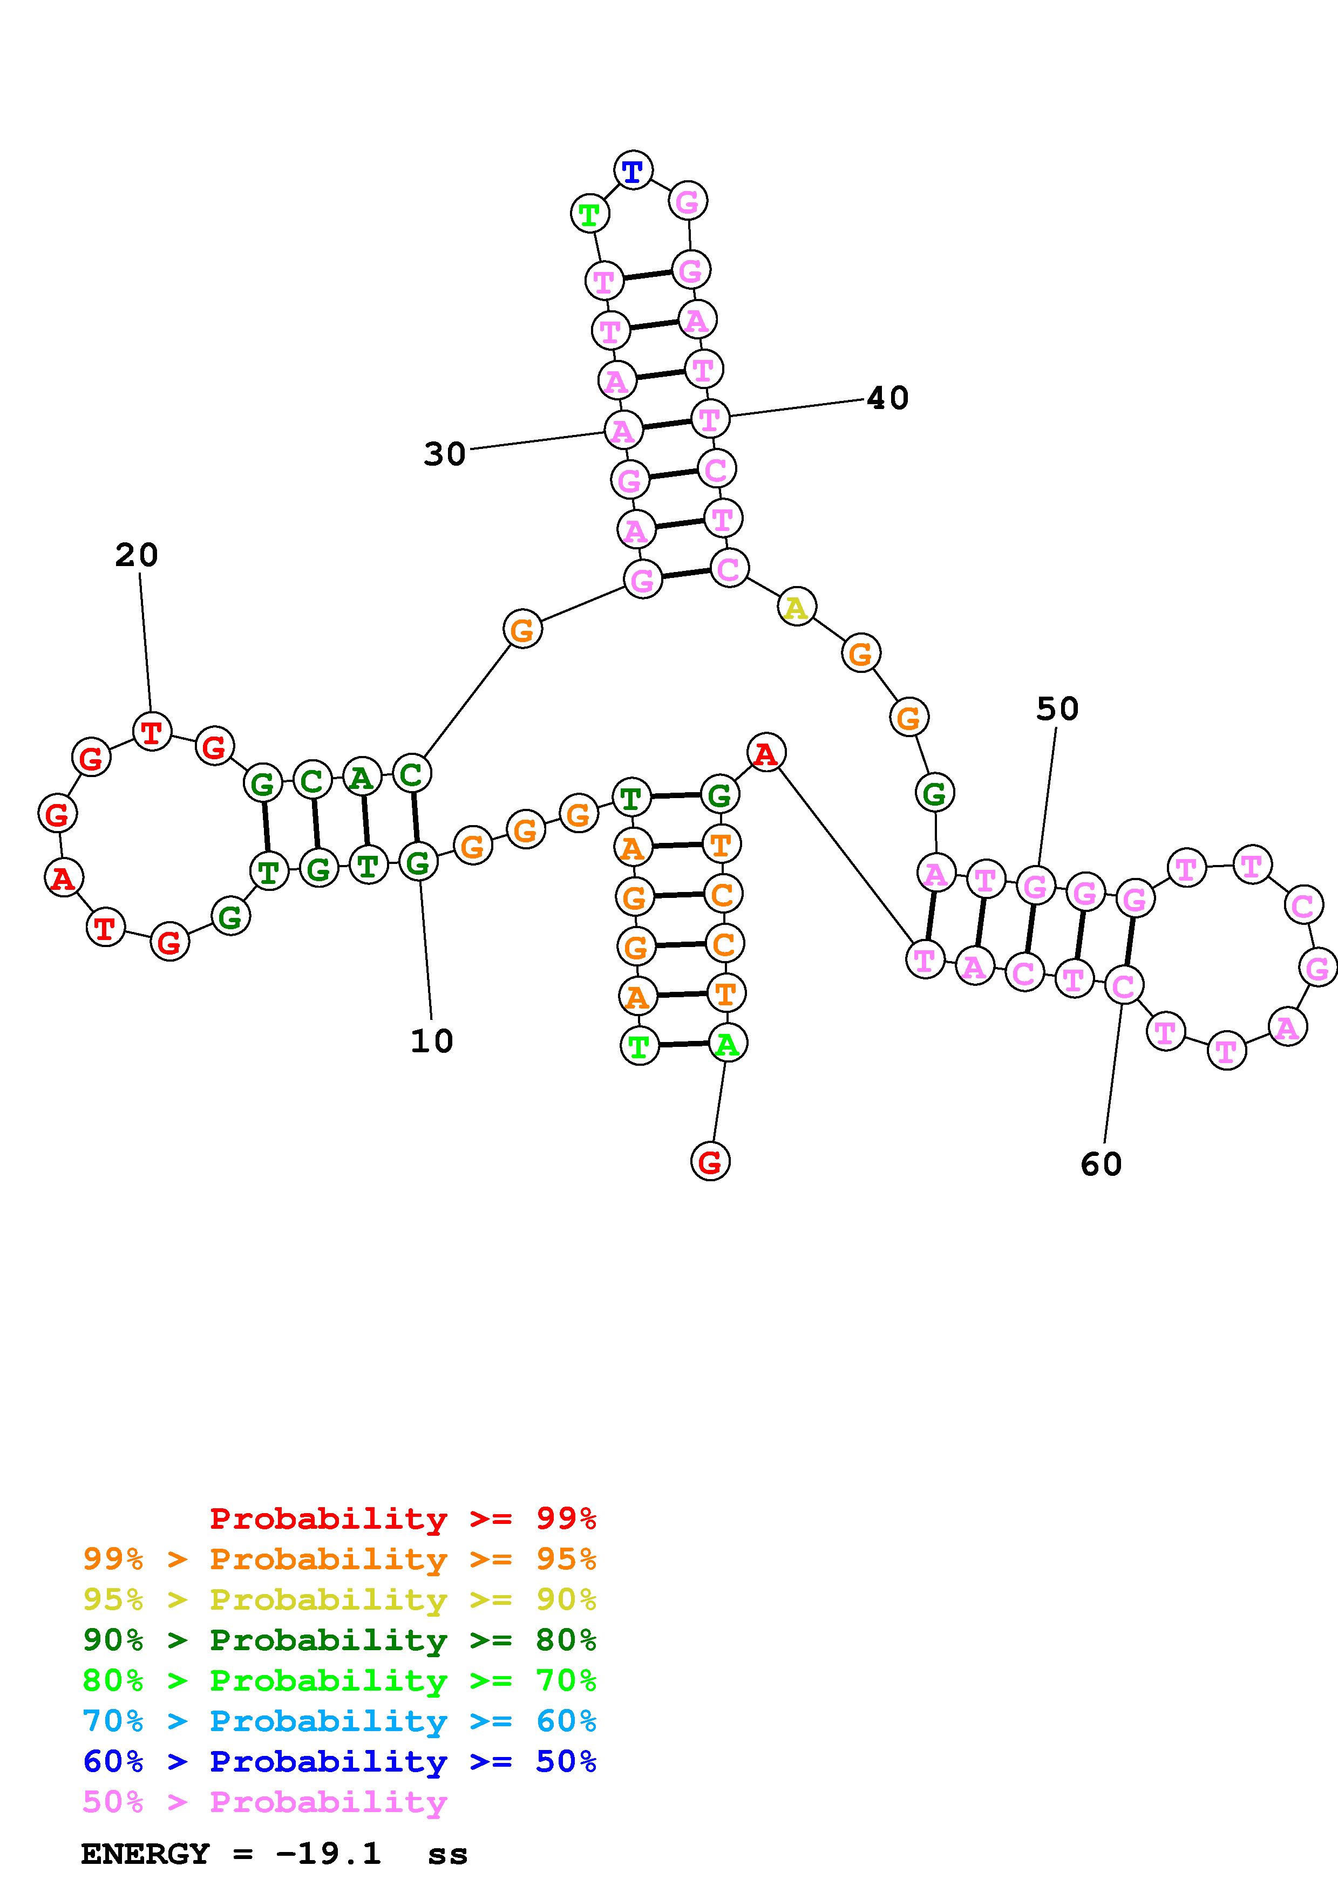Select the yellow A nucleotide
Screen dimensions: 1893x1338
pos(796,608)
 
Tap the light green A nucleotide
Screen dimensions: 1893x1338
pos(726,1045)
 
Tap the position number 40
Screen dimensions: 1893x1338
pos(888,398)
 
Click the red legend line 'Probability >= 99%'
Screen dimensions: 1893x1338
pos(402,1519)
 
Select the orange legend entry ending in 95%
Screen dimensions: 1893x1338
pos(339,1559)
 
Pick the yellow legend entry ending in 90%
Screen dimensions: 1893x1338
pos(339,1599)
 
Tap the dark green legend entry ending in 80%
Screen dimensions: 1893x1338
pos(339,1640)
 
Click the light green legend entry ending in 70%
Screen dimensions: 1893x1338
pos(339,1680)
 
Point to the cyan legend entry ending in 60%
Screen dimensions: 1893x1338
pos(339,1721)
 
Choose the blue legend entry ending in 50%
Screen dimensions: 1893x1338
pos(339,1761)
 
